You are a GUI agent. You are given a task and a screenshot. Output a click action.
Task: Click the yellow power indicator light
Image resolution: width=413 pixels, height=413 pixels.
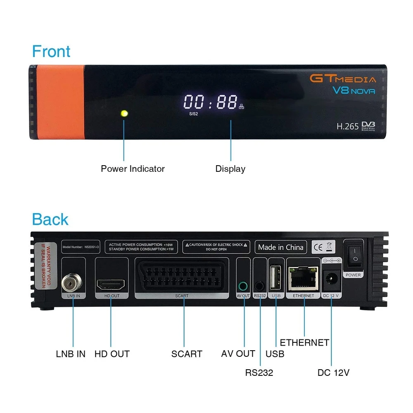[x=124, y=113]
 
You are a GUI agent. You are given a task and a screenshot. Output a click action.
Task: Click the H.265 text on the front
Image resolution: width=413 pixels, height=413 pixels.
[x=347, y=127]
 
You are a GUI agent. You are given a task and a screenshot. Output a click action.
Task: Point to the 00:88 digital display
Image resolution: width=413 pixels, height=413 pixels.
[x=211, y=102]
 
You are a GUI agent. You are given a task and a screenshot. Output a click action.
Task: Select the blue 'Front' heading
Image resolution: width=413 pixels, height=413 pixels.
[x=51, y=52]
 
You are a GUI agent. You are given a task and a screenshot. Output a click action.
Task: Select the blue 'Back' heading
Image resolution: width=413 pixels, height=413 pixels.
[x=50, y=219]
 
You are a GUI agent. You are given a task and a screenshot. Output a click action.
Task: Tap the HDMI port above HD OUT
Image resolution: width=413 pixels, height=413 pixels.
[x=111, y=284]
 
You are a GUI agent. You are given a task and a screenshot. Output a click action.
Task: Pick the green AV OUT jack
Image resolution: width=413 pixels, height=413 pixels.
[x=244, y=285]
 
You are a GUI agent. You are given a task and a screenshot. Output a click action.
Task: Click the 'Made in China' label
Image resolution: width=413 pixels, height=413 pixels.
[x=281, y=247]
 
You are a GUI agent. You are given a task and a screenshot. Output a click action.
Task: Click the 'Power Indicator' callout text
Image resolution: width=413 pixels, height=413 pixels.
[x=133, y=169]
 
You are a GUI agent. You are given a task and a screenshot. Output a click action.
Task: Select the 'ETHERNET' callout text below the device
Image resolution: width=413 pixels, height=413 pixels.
[x=304, y=343]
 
